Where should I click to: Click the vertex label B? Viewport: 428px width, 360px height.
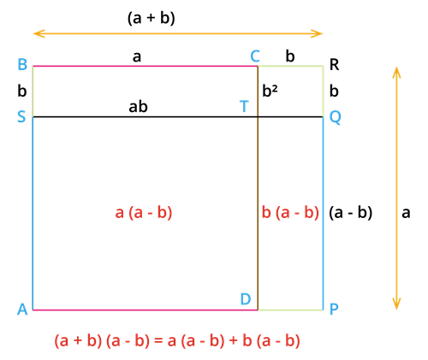coord(22,64)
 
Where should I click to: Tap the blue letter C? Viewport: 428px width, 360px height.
coord(255,56)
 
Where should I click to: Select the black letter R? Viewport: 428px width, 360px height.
coord(335,64)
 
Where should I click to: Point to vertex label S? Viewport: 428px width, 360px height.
coord(21,116)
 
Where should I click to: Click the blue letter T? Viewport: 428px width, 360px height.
coord(244,107)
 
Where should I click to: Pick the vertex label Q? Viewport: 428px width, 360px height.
coord(336,117)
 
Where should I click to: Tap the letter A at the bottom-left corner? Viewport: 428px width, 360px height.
coord(22,309)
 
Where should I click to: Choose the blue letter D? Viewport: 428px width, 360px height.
coord(246,299)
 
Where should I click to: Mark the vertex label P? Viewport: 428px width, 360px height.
coord(334,309)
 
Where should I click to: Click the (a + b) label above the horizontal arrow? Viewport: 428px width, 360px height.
coord(151,18)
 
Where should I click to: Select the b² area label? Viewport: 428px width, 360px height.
coord(270,91)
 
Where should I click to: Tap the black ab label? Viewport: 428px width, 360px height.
coord(138,107)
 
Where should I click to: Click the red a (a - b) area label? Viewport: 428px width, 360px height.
coord(144,213)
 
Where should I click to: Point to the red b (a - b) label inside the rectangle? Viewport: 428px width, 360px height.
coord(290,213)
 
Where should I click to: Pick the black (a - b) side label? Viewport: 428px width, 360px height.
coord(351,213)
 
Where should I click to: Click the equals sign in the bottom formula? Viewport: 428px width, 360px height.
coord(159,341)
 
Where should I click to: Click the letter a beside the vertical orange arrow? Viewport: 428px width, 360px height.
coord(406,213)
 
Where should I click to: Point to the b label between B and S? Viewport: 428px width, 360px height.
coord(22,91)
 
